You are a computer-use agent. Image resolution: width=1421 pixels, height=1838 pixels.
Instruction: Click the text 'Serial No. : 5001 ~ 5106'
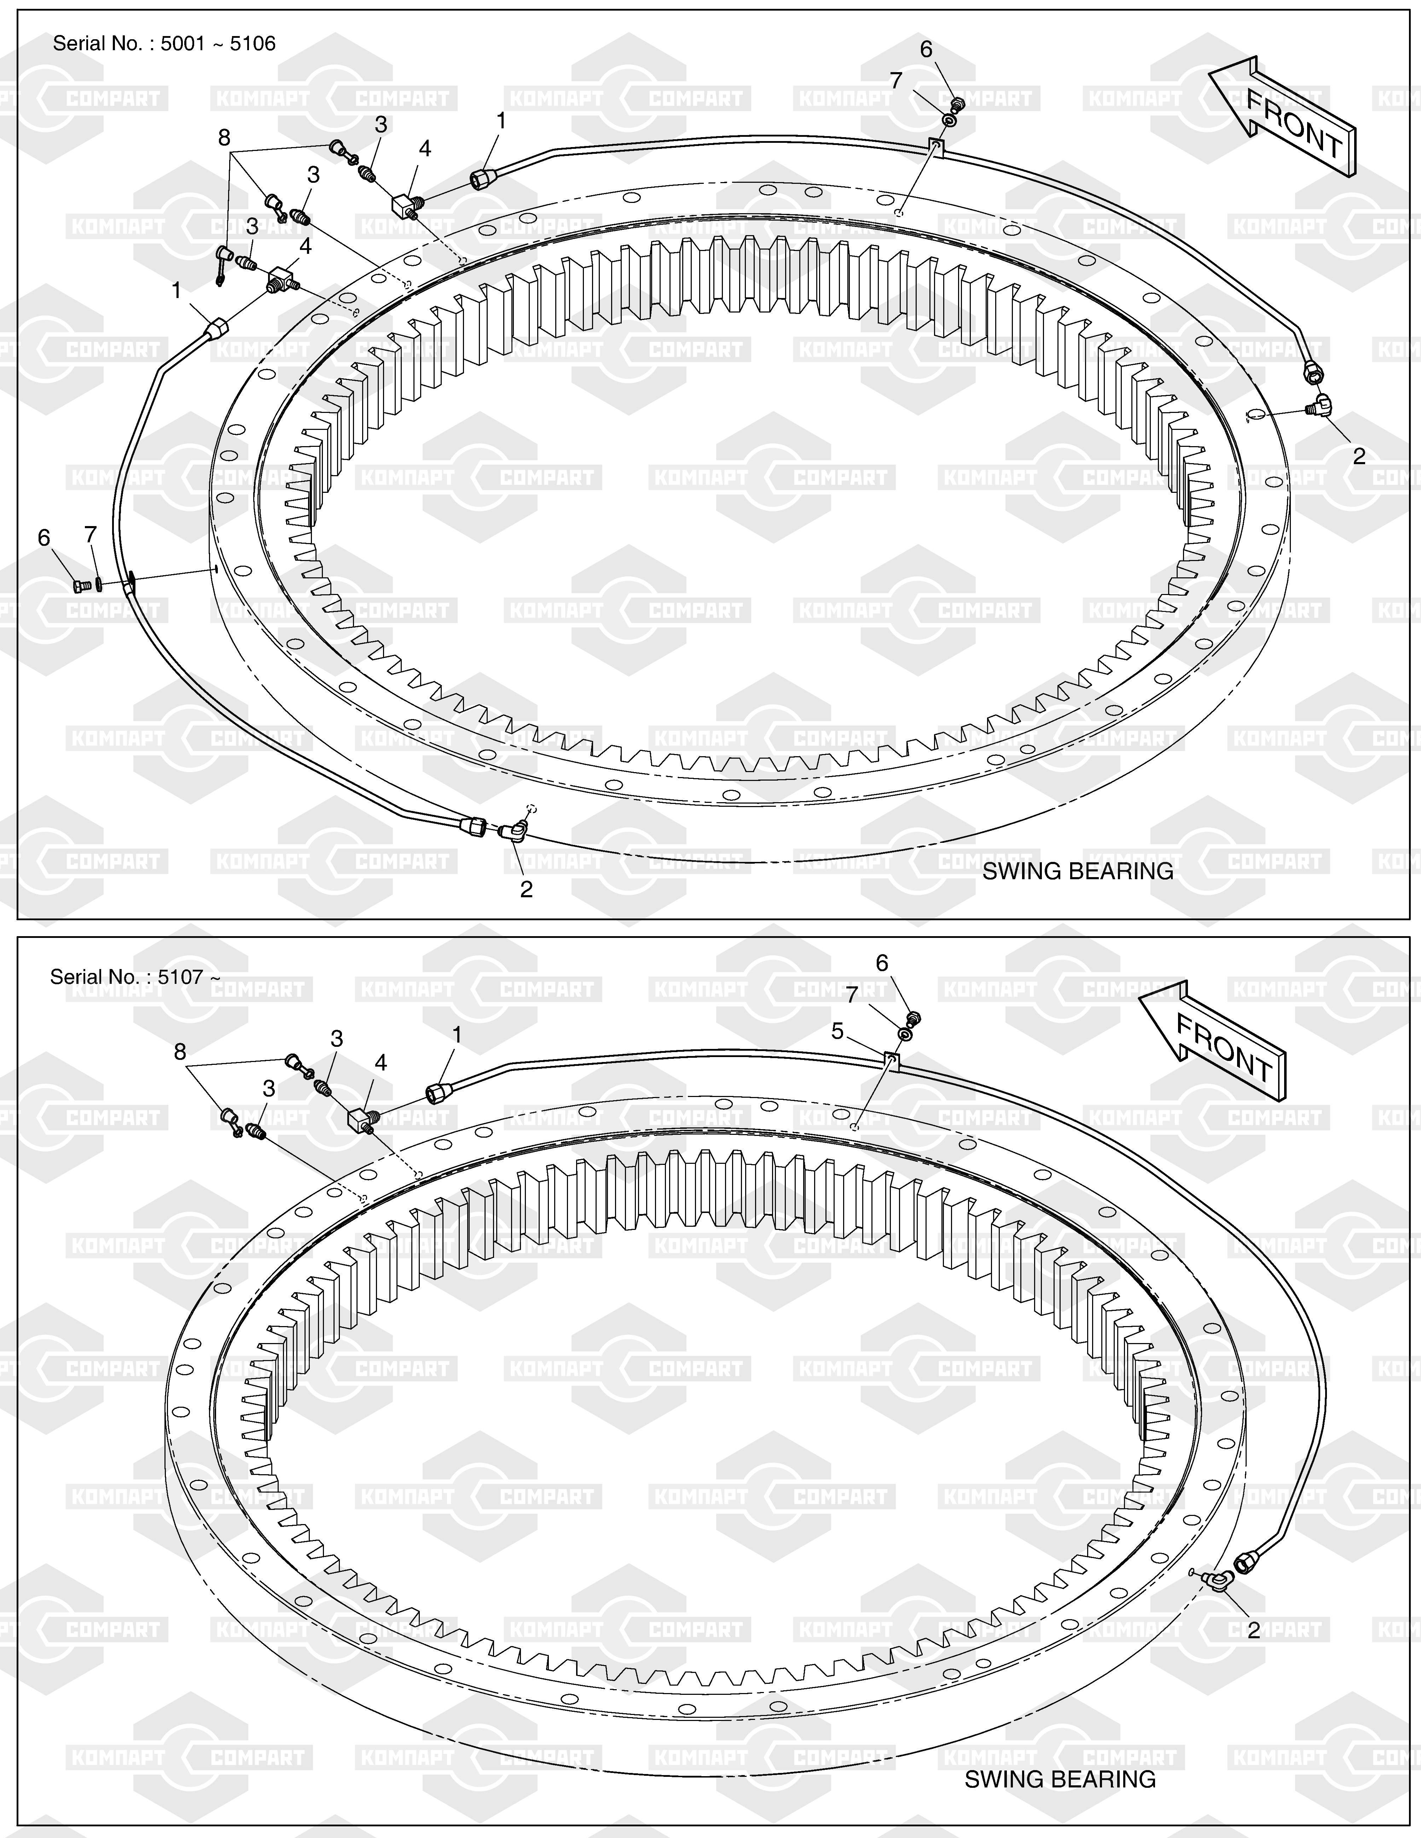[164, 44]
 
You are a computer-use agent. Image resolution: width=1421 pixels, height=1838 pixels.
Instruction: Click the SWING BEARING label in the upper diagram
[1078, 871]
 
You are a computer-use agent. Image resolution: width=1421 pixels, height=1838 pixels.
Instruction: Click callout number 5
[837, 1031]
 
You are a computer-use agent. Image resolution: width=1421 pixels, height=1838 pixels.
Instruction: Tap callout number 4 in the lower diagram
[381, 1063]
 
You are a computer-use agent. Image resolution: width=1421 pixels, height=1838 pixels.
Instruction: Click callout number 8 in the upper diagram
[224, 137]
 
